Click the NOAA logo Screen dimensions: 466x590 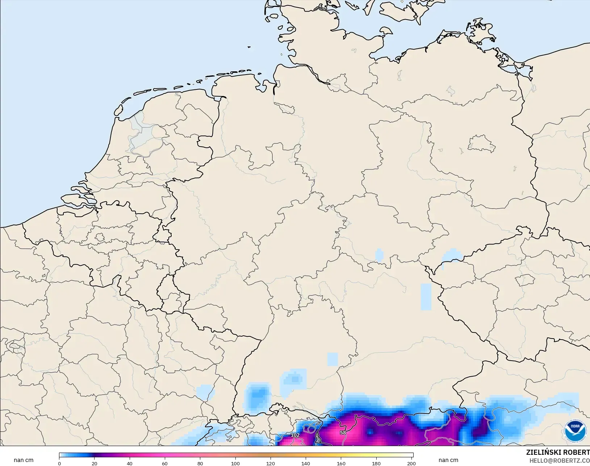click(575, 431)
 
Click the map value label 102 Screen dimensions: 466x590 click(295, 435)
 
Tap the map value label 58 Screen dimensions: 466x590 click(343, 432)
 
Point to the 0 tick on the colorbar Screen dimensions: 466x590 click(59, 463)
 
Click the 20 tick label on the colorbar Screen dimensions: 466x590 click(95, 463)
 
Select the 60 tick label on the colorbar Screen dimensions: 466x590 click(165, 463)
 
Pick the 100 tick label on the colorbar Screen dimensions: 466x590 click(235, 463)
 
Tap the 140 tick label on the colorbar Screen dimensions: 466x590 click(306, 463)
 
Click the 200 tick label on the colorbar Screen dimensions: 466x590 click(411, 463)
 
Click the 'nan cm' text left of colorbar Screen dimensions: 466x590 click(24, 460)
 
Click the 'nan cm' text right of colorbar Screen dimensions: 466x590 click(448, 460)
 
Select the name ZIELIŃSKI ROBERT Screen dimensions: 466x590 click(558, 453)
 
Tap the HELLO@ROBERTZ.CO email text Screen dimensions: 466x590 click(560, 461)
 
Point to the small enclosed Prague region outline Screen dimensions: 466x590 click(525, 280)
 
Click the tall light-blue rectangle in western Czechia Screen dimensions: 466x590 click(426, 297)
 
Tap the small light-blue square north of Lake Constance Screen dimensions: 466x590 click(332, 359)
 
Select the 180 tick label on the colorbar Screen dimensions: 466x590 click(376, 463)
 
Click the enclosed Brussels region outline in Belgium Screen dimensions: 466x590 click(100, 238)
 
